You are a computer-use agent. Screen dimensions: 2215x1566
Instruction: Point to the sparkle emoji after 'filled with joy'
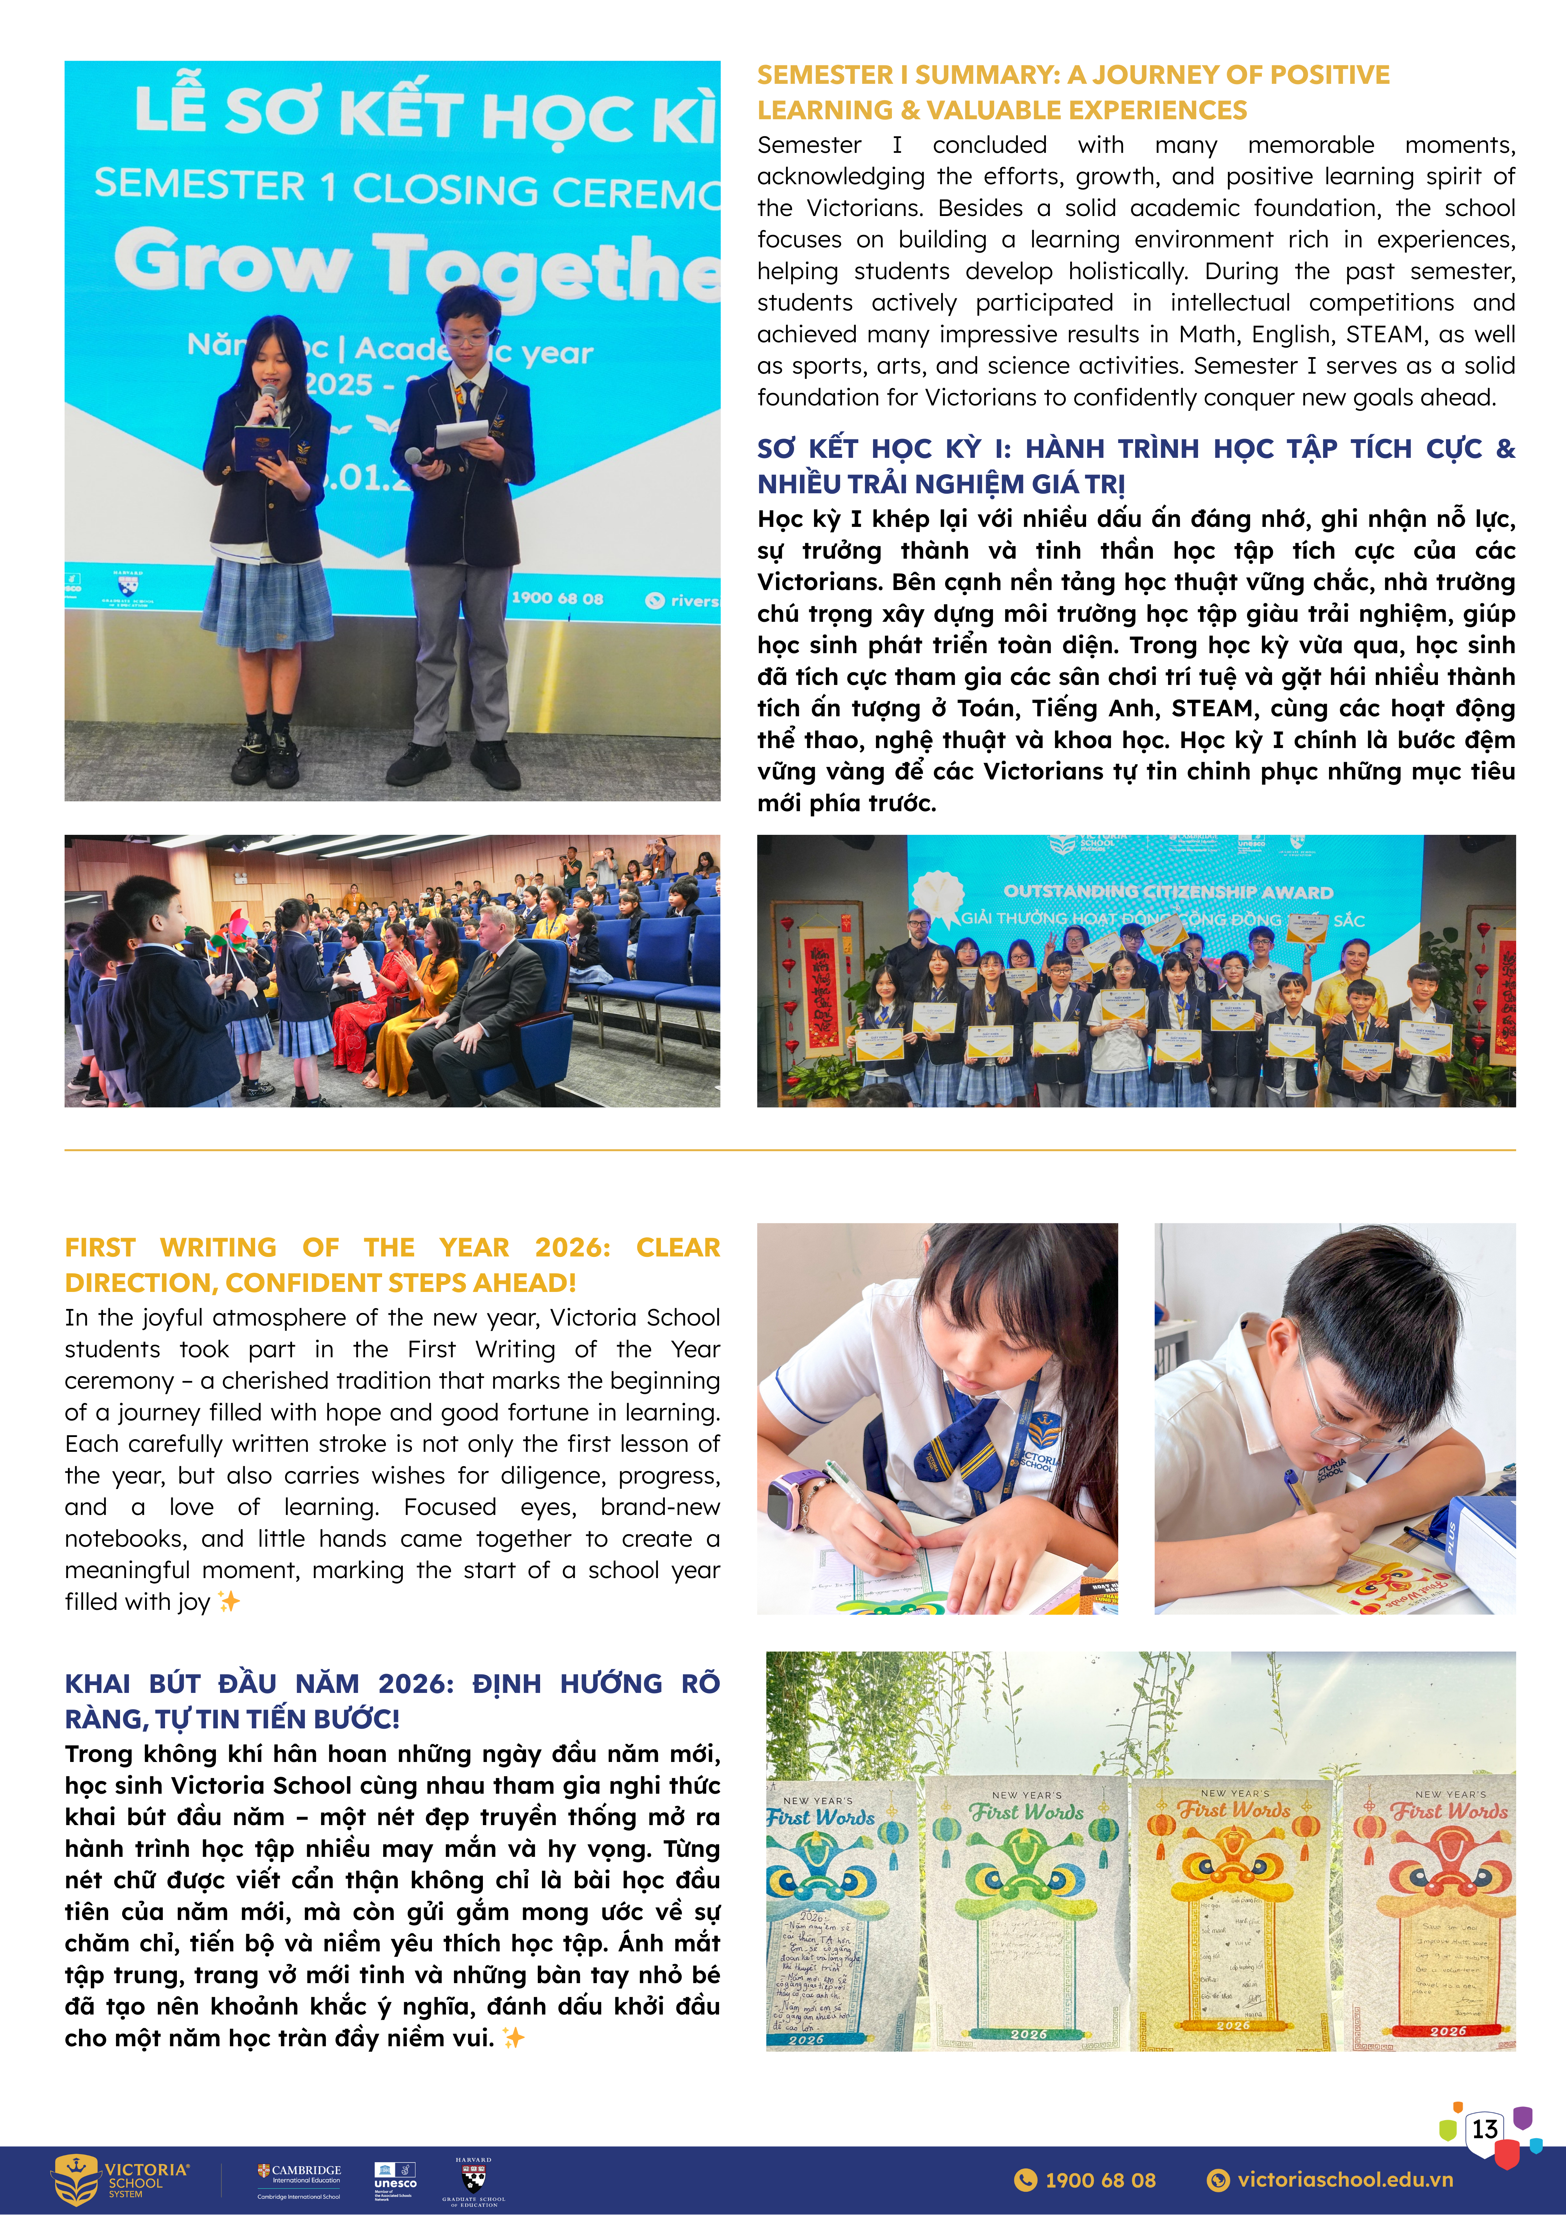pos(229,1601)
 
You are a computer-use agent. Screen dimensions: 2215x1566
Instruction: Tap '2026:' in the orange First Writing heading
pos(573,1247)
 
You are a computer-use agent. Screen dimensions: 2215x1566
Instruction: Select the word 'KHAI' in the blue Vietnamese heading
pos(97,1683)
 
